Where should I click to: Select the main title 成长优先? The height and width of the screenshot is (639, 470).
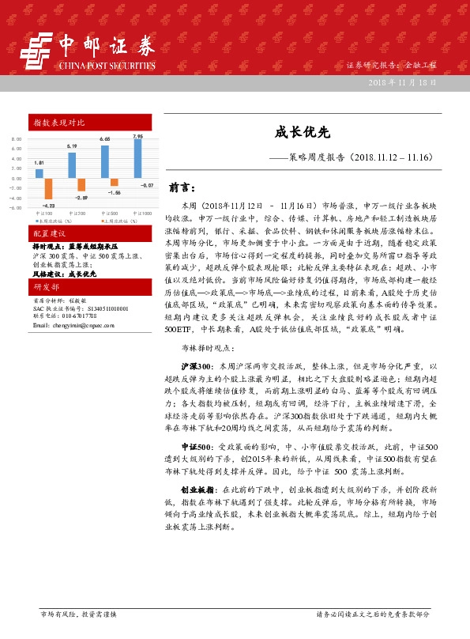click(x=296, y=135)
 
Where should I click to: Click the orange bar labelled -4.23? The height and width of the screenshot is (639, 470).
click(x=47, y=187)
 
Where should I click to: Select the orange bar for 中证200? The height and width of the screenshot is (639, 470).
click(x=81, y=185)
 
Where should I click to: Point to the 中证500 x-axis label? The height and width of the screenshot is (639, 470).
click(x=110, y=213)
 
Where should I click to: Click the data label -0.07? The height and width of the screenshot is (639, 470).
click(x=147, y=184)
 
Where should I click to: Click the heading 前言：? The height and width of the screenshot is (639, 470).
click(x=182, y=188)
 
